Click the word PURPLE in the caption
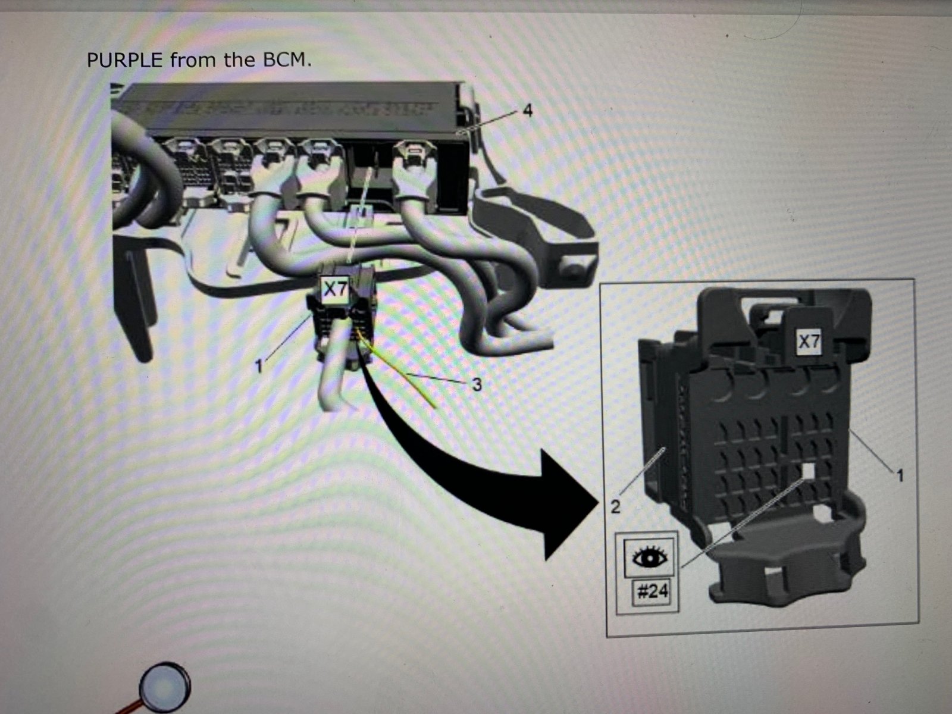pos(125,60)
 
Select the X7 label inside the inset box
pos(809,342)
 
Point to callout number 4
pos(527,111)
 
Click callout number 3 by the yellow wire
pos(476,384)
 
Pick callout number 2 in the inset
pos(615,506)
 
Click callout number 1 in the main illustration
pos(259,367)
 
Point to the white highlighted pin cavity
pos(807,469)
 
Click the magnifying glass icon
pos(164,687)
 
